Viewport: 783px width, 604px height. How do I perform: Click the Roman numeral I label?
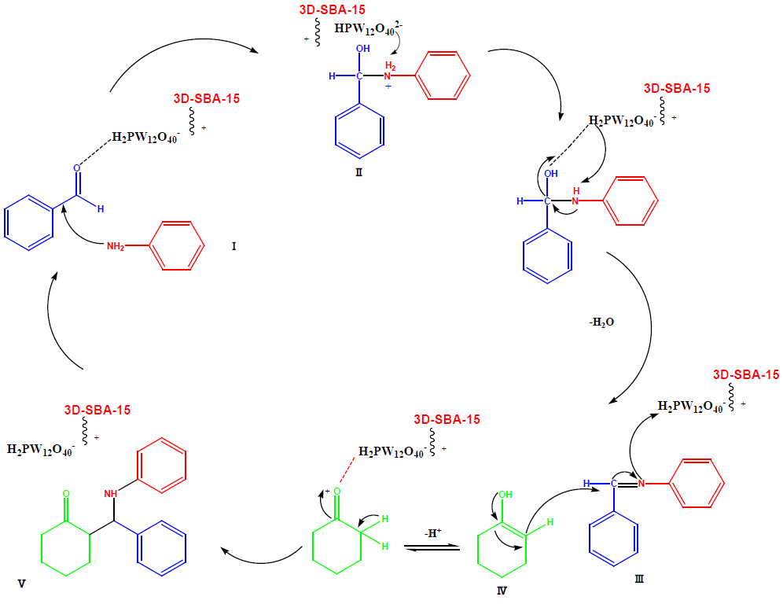(233, 246)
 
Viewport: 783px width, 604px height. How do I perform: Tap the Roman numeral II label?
(358, 171)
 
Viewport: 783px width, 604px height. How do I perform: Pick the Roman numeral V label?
(21, 584)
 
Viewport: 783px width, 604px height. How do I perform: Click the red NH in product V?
(111, 492)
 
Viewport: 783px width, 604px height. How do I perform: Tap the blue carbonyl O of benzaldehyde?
(77, 168)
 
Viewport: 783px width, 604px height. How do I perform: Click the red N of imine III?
(641, 482)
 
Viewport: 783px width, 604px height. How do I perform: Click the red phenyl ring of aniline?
(173, 246)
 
